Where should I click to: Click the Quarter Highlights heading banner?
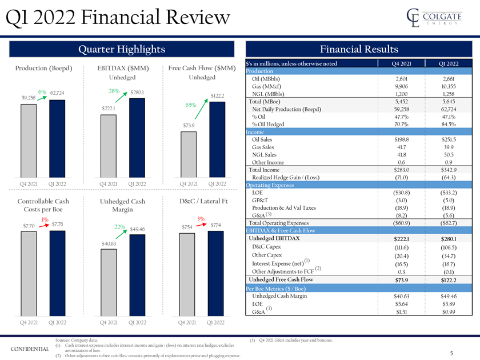121,49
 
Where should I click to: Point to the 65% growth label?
191,105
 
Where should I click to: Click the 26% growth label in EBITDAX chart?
113,90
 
